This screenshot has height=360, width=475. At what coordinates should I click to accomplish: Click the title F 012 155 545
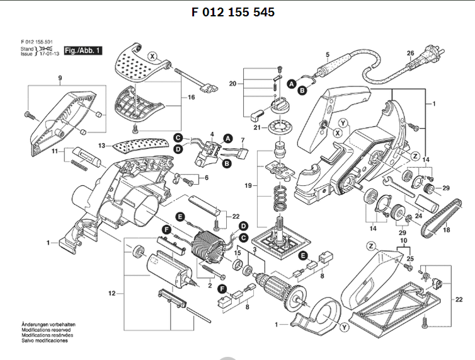pos(232,12)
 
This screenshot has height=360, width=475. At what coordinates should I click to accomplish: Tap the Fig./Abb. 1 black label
pos(83,50)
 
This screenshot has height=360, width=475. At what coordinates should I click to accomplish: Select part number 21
pos(256,127)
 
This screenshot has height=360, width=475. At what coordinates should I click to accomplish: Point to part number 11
pos(54,152)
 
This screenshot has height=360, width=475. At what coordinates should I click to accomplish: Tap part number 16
pos(192,98)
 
